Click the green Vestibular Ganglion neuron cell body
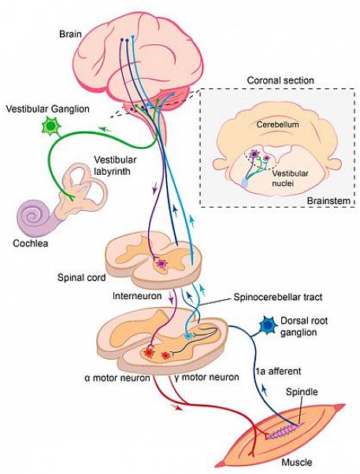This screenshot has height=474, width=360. coord(51,126)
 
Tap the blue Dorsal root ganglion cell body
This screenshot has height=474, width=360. coord(268,325)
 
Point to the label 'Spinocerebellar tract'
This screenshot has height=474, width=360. coord(278,297)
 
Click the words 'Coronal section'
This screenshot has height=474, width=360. coord(280,80)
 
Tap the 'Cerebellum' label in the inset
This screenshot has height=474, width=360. coord(278,124)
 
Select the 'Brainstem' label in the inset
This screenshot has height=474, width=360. coord(328,201)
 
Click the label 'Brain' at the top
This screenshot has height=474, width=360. coord(70,34)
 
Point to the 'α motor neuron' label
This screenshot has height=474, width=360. coord(117,378)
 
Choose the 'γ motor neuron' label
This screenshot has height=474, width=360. coord(206,377)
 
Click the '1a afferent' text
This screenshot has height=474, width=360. coord(278,371)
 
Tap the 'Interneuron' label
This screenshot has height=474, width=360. coord(137,295)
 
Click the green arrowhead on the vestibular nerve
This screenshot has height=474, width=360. coord(104,129)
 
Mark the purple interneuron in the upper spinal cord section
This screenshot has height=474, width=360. coord(162,264)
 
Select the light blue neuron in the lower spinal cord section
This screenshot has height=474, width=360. coord(188,336)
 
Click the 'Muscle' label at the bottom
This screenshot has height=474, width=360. coord(297,462)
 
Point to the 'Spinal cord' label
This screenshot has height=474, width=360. coord(82,277)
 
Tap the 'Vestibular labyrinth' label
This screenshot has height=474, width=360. coord(115,165)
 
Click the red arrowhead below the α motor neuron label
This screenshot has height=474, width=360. coord(177,408)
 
